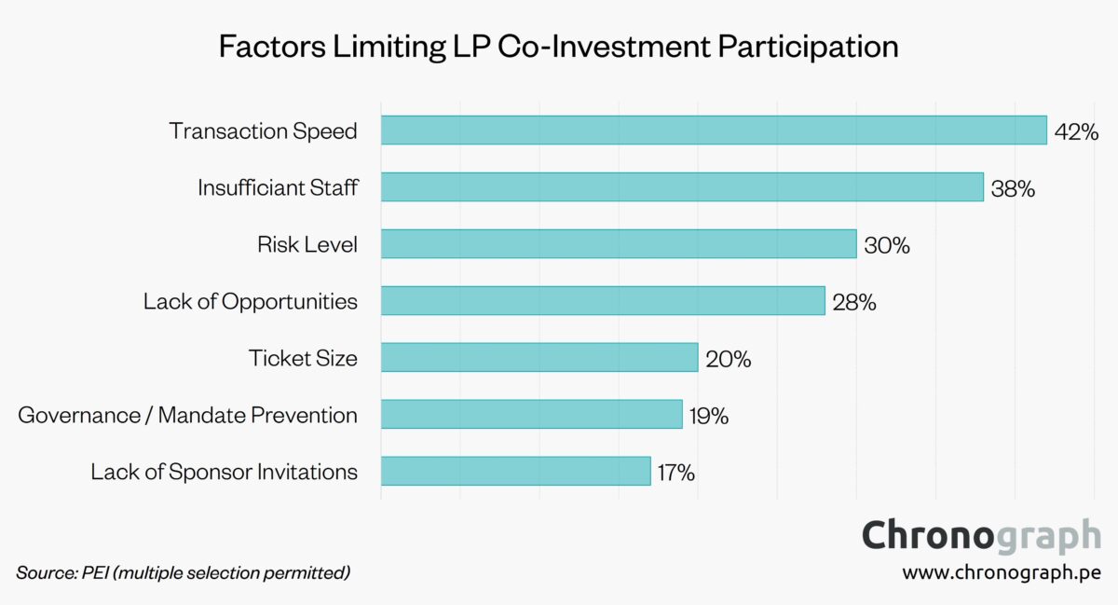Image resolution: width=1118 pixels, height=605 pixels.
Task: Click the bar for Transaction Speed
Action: [714, 131]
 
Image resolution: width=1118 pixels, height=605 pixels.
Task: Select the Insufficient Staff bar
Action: [682, 187]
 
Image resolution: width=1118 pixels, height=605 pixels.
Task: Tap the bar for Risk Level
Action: [619, 244]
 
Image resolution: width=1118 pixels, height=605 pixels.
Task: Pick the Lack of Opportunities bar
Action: [603, 301]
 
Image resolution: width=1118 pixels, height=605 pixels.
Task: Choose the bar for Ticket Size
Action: [539, 357]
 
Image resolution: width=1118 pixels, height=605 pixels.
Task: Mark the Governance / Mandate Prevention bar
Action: [532, 414]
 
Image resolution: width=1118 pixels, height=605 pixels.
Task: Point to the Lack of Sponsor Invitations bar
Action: [515, 471]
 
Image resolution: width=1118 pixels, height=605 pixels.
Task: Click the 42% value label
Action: [1076, 131]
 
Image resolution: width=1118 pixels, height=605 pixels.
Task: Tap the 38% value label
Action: [1013, 188]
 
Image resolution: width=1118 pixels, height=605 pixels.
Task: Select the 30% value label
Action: [886, 245]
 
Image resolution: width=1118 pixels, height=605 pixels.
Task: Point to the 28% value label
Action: [854, 302]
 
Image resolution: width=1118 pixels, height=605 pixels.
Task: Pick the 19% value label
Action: [709, 415]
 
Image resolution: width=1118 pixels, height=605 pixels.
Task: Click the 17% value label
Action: [675, 472]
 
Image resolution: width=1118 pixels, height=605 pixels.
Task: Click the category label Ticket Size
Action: [303, 358]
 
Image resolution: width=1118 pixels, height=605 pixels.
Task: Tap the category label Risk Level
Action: [307, 245]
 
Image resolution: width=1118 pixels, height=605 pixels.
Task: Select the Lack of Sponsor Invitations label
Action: [224, 472]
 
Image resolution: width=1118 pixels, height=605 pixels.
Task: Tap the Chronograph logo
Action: [981, 536]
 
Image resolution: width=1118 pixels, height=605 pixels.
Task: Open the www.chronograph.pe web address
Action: [1002, 572]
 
